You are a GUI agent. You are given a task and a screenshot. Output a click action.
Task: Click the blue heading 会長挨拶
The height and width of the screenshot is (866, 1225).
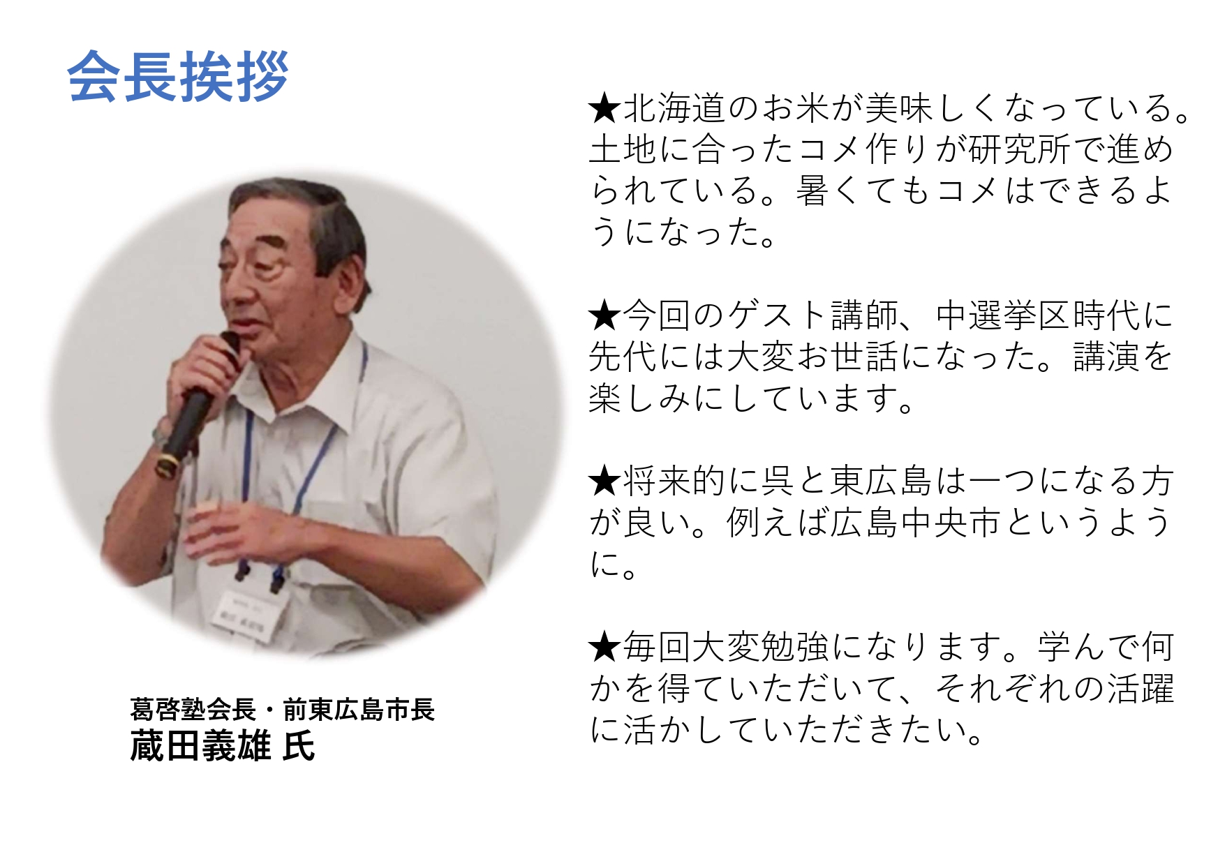point(178,77)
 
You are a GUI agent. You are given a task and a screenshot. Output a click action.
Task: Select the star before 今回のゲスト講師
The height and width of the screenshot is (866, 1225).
point(604,315)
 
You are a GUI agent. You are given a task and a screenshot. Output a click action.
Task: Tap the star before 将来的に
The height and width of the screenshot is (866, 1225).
point(604,481)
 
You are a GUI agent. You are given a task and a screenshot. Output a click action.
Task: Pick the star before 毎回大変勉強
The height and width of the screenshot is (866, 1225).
point(604,647)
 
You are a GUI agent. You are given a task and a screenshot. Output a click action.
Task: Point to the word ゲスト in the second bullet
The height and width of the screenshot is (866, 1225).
point(777,315)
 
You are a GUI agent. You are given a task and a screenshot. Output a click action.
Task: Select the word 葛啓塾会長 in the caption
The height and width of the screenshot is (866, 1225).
point(193,709)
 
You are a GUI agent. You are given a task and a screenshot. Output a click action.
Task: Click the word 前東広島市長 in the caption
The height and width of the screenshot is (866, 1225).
point(359,709)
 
